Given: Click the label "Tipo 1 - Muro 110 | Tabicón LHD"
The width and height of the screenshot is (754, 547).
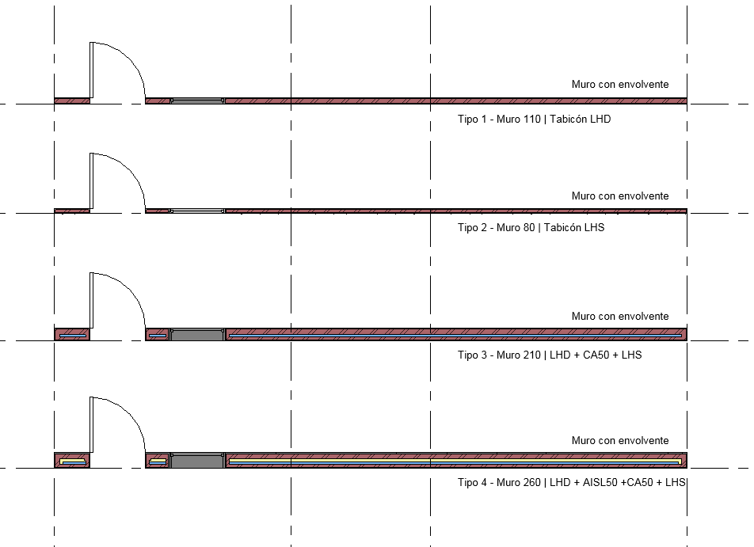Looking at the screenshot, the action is point(534,120).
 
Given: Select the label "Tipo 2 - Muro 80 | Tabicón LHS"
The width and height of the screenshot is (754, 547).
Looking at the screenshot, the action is point(531,227).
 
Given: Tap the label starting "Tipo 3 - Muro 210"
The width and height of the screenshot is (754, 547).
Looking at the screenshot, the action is point(550,355).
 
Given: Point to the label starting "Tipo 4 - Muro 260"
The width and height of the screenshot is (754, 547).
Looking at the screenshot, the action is point(572,482).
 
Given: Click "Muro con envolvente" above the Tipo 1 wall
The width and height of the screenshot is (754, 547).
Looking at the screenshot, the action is point(620,84).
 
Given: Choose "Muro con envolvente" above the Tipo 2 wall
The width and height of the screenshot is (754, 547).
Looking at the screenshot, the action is point(620,196).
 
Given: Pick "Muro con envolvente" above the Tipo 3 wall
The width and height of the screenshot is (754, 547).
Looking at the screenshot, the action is point(620,317).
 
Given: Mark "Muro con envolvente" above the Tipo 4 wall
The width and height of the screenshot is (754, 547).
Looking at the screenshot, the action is point(620,440).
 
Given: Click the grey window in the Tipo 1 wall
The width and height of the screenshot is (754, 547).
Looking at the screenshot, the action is point(197,101).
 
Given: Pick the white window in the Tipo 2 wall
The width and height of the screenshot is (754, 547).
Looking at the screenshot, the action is point(197,211).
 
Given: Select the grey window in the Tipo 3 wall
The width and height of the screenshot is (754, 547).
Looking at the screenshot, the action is point(197,335).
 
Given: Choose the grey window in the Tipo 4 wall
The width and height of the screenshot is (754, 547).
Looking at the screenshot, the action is point(197,461).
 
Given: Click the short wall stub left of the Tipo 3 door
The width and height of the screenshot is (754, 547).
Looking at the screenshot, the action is point(72,335).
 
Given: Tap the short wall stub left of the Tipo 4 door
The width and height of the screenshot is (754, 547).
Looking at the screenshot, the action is point(72,461).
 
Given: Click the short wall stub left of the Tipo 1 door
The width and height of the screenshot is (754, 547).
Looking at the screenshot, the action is point(72,101).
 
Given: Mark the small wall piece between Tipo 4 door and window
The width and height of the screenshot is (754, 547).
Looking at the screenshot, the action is point(158,461).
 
